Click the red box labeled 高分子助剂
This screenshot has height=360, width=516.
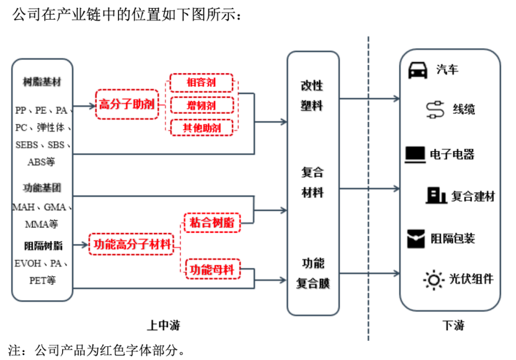pyautogui.click(x=127, y=104)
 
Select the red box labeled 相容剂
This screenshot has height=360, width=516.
pyautogui.click(x=201, y=82)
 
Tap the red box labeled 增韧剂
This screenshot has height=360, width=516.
pyautogui.click(x=201, y=105)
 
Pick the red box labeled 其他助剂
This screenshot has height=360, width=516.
pyautogui.click(x=201, y=128)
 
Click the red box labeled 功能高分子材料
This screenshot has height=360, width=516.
pyautogui.click(x=132, y=244)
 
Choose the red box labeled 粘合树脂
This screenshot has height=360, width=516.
pyautogui.click(x=211, y=222)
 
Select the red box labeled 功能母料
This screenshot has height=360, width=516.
pyautogui.click(x=211, y=270)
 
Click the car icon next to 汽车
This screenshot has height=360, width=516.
pyautogui.click(x=417, y=70)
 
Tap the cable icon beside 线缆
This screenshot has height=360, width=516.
pyautogui.click(x=435, y=110)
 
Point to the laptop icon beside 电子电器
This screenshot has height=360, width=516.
pyautogui.click(x=415, y=154)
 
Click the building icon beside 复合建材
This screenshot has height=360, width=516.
pyautogui.click(x=436, y=195)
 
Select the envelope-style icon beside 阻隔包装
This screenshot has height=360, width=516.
pyautogui.click(x=416, y=238)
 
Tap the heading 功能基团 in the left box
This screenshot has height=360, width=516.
pyautogui.click(x=42, y=187)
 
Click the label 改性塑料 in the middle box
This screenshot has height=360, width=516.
pyautogui.click(x=312, y=95)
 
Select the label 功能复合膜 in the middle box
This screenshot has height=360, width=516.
pyautogui.click(x=312, y=273)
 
